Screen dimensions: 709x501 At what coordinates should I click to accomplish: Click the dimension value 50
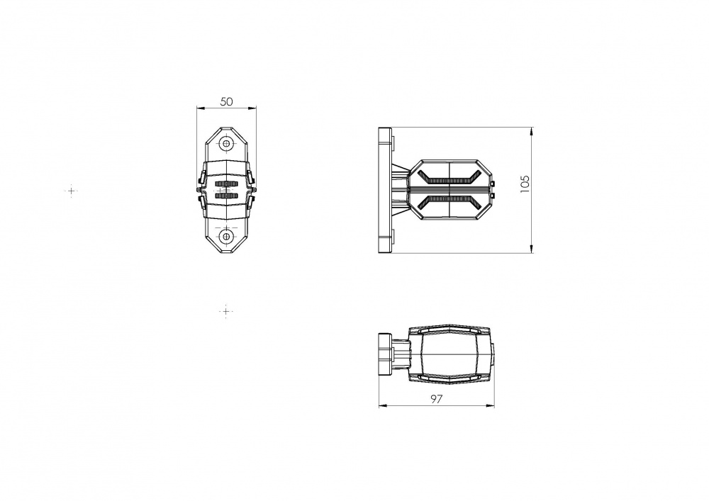(227, 101)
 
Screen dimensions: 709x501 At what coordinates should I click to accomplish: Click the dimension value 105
(525, 184)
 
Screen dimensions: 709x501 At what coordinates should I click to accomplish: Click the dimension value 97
(436, 399)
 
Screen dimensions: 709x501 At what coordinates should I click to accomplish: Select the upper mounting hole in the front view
(227, 144)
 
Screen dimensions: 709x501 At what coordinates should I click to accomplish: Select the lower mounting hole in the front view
(227, 236)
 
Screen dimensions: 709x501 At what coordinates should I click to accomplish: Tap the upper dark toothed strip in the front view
(227, 184)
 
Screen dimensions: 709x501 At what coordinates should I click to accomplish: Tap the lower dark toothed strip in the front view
(227, 196)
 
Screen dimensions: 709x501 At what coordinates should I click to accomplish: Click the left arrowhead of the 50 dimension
(201, 108)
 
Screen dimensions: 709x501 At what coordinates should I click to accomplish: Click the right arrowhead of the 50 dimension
(252, 108)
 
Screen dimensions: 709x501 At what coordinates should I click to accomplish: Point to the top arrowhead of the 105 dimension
(532, 132)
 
